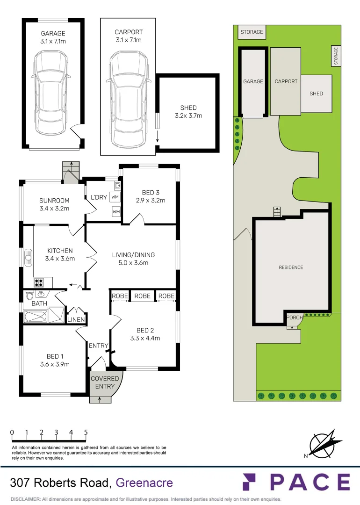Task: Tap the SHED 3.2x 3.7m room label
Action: point(188,112)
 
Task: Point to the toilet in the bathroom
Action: point(29,296)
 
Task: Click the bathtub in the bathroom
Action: point(36,316)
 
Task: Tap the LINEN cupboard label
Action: point(76,320)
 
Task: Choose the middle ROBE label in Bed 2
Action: point(143,296)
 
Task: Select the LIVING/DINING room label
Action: point(133,255)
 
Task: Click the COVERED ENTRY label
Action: point(105,382)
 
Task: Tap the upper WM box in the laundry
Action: point(115,197)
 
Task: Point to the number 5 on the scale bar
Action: point(86,433)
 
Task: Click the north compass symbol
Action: point(322,444)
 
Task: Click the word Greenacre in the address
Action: point(144,483)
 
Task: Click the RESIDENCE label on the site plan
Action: point(291,267)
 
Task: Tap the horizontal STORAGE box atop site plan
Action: point(252,32)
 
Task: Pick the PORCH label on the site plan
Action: point(295,318)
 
